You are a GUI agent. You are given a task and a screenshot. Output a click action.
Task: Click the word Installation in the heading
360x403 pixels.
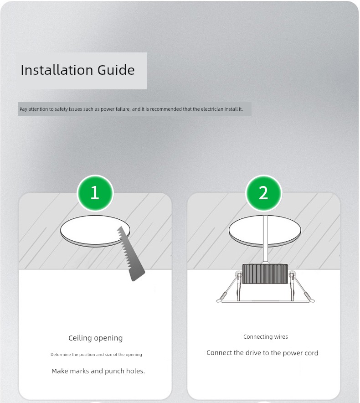click(57, 70)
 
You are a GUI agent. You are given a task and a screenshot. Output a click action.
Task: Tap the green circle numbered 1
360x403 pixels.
click(95, 193)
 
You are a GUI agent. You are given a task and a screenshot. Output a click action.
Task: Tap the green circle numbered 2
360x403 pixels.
click(264, 193)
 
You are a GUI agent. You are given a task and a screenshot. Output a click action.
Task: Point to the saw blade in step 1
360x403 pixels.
click(130, 253)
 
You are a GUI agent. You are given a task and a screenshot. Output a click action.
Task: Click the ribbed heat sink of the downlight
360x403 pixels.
click(265, 274)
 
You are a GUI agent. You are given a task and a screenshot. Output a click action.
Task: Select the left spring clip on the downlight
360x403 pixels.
click(230, 287)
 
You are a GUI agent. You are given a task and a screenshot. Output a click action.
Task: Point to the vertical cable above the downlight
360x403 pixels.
click(265, 239)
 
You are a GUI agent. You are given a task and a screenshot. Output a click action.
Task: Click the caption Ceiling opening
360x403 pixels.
click(96, 338)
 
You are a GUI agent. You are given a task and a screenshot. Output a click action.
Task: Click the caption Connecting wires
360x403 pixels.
click(265, 337)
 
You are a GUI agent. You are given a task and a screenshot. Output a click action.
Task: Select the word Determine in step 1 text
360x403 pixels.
click(61, 354)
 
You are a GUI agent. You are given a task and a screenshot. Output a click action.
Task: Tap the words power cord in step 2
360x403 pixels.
click(300, 353)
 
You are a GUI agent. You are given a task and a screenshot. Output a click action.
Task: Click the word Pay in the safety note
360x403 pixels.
click(23, 109)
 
